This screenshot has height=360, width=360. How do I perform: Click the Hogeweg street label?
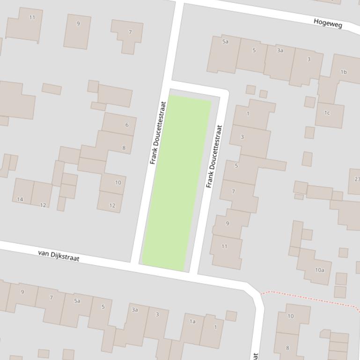(328, 22)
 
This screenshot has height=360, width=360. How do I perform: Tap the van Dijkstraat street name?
(59, 255)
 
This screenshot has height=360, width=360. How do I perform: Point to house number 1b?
(344, 72)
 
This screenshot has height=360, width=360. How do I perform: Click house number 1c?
(327, 113)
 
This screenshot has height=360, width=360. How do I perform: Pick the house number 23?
(357, 179)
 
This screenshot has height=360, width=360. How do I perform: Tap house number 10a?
(319, 270)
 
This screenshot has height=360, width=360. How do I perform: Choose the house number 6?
(126, 125)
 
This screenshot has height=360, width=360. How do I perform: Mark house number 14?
(20, 199)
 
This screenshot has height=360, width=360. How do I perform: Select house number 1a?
(192, 321)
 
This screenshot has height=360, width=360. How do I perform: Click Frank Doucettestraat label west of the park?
(158, 133)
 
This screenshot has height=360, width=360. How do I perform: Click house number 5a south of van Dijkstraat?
(77, 301)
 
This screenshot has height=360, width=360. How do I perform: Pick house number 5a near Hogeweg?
(225, 42)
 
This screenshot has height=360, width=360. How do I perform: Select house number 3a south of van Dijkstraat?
(135, 310)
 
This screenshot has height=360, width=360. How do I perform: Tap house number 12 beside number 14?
(43, 205)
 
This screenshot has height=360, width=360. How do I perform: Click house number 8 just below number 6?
(124, 148)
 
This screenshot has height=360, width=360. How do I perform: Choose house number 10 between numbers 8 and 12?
(118, 182)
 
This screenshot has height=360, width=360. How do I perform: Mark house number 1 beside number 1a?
(215, 327)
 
